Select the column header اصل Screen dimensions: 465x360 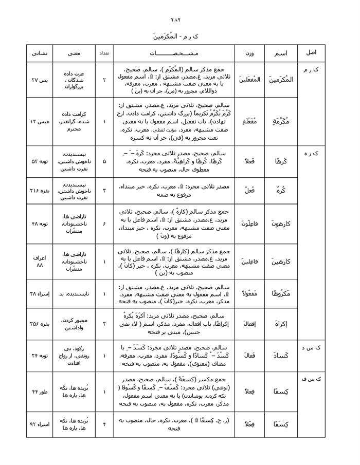pyautogui.click(x=311, y=53)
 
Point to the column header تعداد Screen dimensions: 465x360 pyautogui.click(x=104, y=53)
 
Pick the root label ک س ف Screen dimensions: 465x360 pyautogui.click(x=311, y=379)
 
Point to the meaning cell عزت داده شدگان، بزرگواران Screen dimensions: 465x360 pyautogui.click(x=74, y=80)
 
